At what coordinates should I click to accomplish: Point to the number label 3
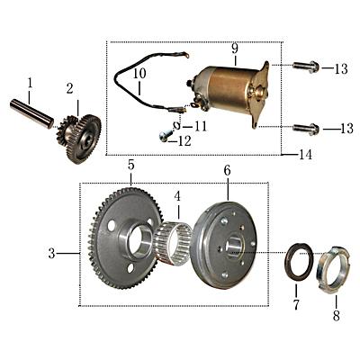(x=52, y=254)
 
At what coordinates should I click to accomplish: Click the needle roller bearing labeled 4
(x=172, y=241)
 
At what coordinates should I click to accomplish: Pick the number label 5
(x=130, y=166)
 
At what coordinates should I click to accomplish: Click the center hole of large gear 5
(x=142, y=238)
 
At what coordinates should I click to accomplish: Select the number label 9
(x=234, y=48)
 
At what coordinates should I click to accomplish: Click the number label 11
(x=200, y=126)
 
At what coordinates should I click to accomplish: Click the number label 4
(x=177, y=195)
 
